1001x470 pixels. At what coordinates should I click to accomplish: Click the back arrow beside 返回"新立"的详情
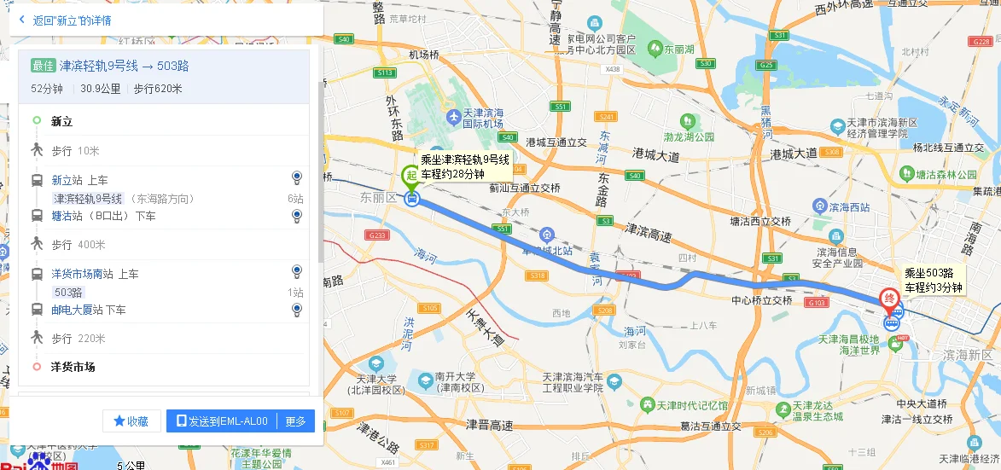coord(21,19)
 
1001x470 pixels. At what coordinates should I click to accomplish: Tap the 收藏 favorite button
coord(131,421)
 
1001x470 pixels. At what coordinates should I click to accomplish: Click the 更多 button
coord(295,421)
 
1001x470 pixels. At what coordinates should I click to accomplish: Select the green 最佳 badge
coord(43,66)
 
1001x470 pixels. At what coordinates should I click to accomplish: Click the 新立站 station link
coord(67,180)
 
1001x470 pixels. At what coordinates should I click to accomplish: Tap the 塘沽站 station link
coord(67,216)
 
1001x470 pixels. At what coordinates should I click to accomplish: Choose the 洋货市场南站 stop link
coord(83,274)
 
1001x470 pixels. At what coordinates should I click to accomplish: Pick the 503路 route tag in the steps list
coord(70,293)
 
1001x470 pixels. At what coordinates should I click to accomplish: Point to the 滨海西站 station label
coord(848,206)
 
